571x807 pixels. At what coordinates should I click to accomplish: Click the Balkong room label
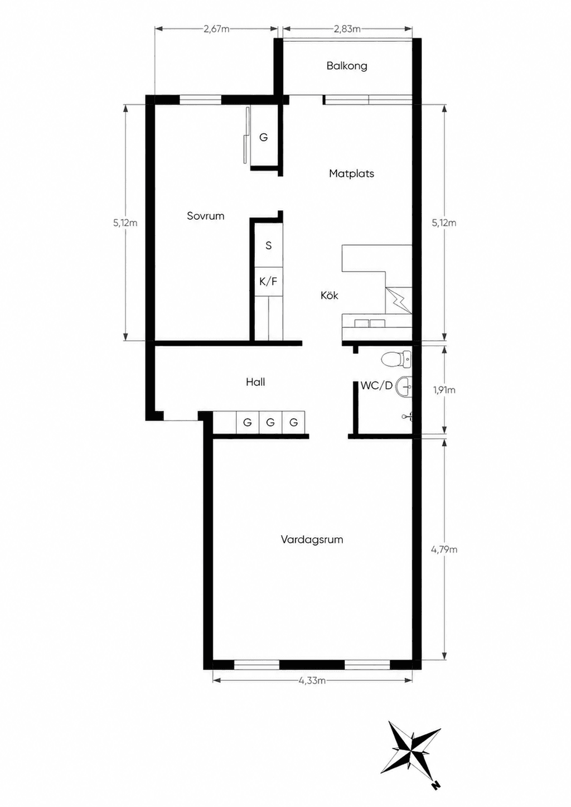pyautogui.click(x=347, y=66)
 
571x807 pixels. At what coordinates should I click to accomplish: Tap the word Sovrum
pyautogui.click(x=205, y=216)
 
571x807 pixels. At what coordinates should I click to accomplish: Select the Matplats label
pyautogui.click(x=352, y=173)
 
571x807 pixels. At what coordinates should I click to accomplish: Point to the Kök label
pyautogui.click(x=329, y=296)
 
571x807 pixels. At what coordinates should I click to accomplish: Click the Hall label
pyautogui.click(x=255, y=382)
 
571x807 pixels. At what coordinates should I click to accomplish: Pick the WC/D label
pyautogui.click(x=376, y=385)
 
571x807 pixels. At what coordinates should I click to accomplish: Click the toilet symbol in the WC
pyautogui.click(x=396, y=359)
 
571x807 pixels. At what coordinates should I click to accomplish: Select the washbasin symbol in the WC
pyautogui.click(x=404, y=386)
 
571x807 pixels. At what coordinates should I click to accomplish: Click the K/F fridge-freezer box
pyautogui.click(x=268, y=282)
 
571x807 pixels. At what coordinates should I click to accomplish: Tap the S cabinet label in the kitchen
pyautogui.click(x=268, y=246)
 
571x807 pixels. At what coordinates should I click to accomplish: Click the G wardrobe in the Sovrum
pyautogui.click(x=264, y=137)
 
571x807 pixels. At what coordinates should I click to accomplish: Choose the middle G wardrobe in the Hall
pyautogui.click(x=270, y=422)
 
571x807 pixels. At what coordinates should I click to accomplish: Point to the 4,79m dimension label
pyautogui.click(x=444, y=550)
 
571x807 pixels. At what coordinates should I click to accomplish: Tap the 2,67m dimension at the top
pyautogui.click(x=216, y=29)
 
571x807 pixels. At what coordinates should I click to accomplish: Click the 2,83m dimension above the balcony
pyautogui.click(x=347, y=29)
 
